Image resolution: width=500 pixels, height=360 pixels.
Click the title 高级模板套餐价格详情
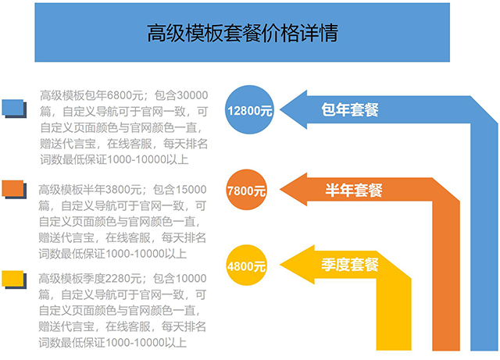(x=242, y=33)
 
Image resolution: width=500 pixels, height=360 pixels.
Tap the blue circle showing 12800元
(x=249, y=110)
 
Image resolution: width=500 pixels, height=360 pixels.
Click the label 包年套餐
(x=350, y=110)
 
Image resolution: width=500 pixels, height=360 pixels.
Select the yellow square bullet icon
(x=16, y=277)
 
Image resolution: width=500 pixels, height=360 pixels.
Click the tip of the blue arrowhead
(x=280, y=110)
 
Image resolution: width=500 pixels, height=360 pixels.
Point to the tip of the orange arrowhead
(x=278, y=190)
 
